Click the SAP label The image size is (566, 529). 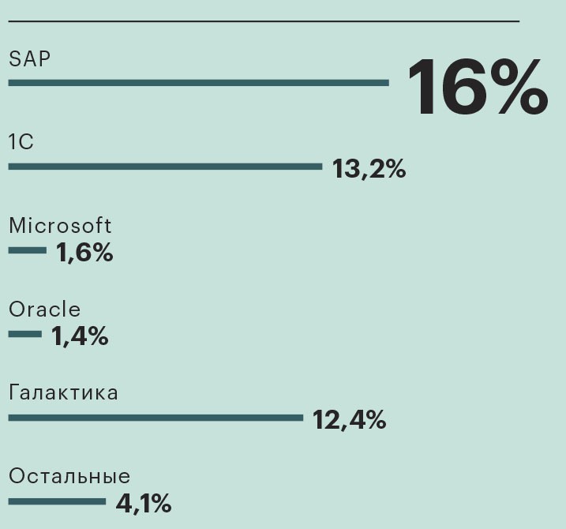click(x=29, y=58)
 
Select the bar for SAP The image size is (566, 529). click(x=198, y=82)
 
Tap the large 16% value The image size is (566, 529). click(x=477, y=87)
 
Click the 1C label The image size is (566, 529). click(x=21, y=142)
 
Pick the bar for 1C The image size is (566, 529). click(x=165, y=167)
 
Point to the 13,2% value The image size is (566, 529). click(x=369, y=168)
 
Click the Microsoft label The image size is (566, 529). click(x=60, y=226)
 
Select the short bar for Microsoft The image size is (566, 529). click(x=28, y=250)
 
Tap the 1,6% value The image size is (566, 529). click(x=84, y=253)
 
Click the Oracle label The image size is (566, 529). click(x=44, y=310)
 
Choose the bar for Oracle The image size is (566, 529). click(x=25, y=334)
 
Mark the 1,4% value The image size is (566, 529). click(x=80, y=336)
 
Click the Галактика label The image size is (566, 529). click(x=63, y=392)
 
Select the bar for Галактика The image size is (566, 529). click(x=156, y=418)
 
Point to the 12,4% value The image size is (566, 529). click(x=349, y=419)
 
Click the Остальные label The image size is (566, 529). click(x=69, y=476)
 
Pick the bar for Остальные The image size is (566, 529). click(x=57, y=501)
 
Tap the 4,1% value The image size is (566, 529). click(x=144, y=503)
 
